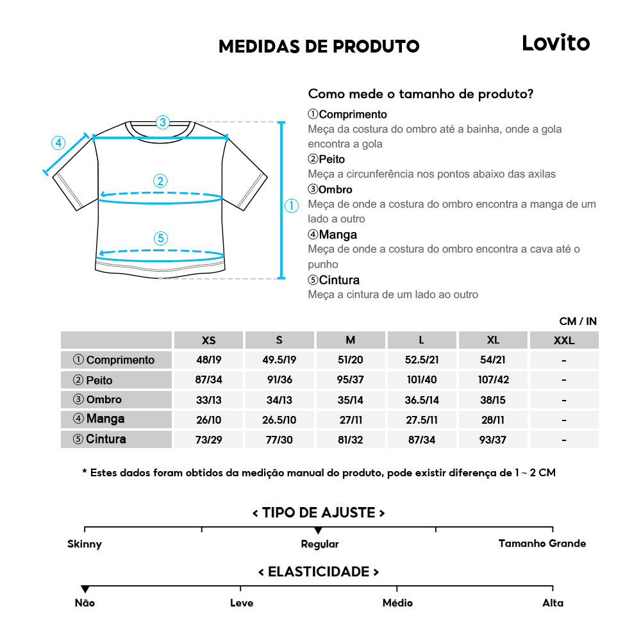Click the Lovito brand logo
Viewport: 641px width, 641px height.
(x=555, y=43)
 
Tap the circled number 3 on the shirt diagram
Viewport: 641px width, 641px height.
(x=162, y=122)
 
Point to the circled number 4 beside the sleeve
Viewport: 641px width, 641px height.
(x=58, y=142)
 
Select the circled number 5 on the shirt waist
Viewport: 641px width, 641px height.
(x=161, y=238)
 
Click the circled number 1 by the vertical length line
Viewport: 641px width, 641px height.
(x=292, y=206)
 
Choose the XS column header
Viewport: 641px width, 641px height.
(x=208, y=340)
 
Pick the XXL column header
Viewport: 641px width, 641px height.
(x=563, y=340)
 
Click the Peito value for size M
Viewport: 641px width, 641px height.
(x=350, y=379)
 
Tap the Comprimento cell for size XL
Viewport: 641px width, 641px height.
(x=492, y=360)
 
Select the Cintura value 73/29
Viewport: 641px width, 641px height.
(x=208, y=440)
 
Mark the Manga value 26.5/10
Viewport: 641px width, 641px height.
(x=279, y=420)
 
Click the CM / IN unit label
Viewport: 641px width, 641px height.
(x=578, y=321)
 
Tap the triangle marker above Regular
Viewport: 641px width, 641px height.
(x=319, y=531)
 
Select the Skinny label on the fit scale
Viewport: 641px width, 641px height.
(x=85, y=544)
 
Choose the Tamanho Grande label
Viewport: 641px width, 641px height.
(x=542, y=544)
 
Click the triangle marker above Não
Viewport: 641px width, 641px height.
(x=85, y=589)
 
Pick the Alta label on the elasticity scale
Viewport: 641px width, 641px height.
(x=553, y=603)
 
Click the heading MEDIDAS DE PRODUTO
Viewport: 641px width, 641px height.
(x=319, y=46)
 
